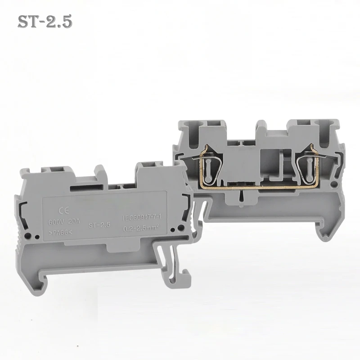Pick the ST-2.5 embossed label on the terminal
[100, 225]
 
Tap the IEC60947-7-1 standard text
[142, 218]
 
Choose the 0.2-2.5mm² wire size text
[143, 229]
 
